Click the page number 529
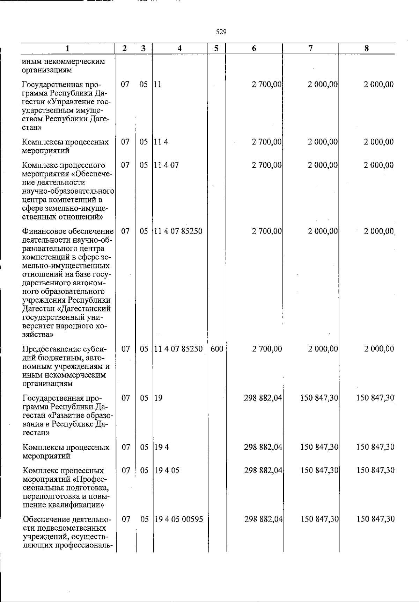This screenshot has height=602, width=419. [x=221, y=32]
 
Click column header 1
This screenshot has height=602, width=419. [x=67, y=49]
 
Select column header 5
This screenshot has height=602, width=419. [x=216, y=49]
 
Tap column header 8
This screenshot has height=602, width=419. [x=366, y=49]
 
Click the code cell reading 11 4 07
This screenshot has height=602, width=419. [x=166, y=165]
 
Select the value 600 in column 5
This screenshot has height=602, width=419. [x=217, y=349]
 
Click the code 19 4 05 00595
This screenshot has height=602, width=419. [x=179, y=519]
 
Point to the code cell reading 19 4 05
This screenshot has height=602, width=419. [x=167, y=470]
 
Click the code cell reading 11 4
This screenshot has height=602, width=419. [x=161, y=142]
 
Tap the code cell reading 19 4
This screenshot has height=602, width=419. [x=162, y=447]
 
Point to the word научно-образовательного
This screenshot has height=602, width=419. [x=68, y=192]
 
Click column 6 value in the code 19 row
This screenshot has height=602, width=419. [x=263, y=398]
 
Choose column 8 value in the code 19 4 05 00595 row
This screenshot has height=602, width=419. [x=375, y=519]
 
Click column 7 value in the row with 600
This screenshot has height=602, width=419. [x=323, y=349]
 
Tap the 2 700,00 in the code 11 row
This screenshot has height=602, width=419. [x=267, y=84]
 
